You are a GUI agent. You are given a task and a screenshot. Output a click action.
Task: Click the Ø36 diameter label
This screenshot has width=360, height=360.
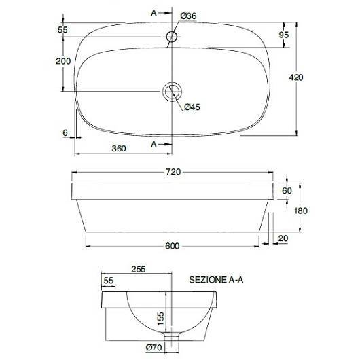pos(188,16)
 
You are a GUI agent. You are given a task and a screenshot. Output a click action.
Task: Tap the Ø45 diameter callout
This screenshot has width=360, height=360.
pos(192,107)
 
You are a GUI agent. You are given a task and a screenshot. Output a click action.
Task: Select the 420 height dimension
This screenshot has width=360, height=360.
pos(295,77)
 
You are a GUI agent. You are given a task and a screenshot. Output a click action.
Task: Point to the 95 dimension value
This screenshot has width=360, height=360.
pos(284,35)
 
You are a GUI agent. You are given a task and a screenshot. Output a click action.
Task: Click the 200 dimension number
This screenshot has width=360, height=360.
pos(63,61)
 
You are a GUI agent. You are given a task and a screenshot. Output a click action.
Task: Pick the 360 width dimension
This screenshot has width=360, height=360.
pos(119,149)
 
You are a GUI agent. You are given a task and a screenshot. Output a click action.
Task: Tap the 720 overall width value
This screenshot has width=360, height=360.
pos(173,172)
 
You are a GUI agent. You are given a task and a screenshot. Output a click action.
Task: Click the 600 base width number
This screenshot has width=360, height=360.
pos(173,246)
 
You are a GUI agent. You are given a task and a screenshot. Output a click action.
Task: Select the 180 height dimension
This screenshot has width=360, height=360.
pos(300,211)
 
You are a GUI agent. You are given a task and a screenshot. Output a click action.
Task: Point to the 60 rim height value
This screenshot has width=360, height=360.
pos(287,191)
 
